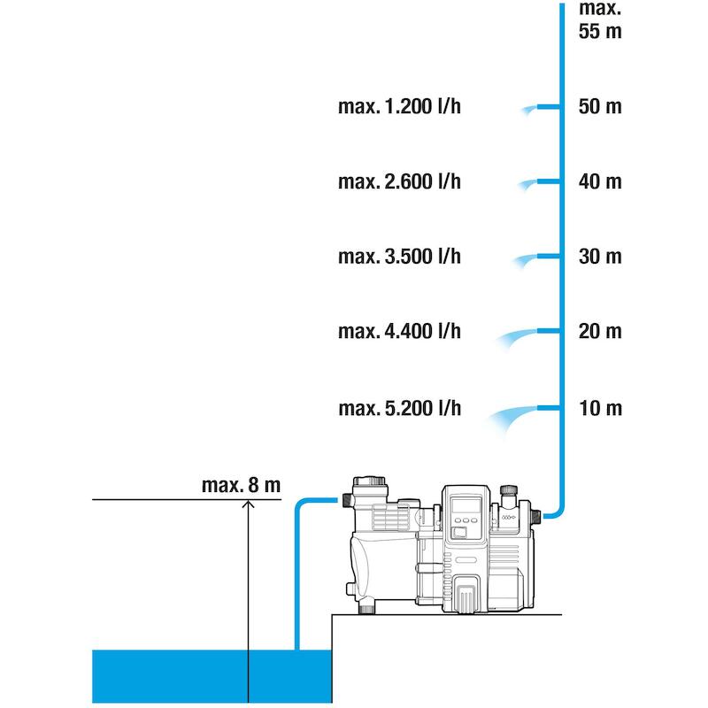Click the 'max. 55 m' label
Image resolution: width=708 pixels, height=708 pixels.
(x=600, y=20)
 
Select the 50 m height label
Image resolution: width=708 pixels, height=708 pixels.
(x=600, y=106)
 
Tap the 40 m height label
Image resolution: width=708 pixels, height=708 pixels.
(x=600, y=181)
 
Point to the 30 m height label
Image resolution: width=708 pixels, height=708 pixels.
(x=600, y=257)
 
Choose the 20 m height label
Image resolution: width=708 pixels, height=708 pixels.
(x=600, y=331)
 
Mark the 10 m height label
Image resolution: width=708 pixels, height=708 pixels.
(x=600, y=408)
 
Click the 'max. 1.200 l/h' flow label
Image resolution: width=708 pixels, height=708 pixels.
(x=400, y=106)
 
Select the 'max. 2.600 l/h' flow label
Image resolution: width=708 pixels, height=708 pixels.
(x=400, y=181)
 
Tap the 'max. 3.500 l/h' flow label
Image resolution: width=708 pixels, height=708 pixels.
(x=400, y=257)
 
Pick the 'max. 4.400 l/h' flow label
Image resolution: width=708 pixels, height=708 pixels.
(x=400, y=331)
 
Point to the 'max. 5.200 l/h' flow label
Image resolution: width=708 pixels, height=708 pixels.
(x=400, y=408)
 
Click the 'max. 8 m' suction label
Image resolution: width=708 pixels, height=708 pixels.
(x=241, y=485)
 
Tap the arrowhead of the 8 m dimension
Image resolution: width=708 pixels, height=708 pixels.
(x=248, y=503)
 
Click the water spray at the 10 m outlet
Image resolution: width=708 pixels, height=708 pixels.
(x=511, y=417)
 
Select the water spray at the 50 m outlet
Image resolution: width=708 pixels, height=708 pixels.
(x=528, y=110)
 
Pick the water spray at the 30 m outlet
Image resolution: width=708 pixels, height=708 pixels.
(x=525, y=260)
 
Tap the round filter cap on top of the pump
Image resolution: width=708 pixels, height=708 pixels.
(x=369, y=481)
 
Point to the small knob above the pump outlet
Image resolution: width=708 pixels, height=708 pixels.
(x=509, y=489)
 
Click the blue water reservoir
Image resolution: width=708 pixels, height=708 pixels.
(x=212, y=676)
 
